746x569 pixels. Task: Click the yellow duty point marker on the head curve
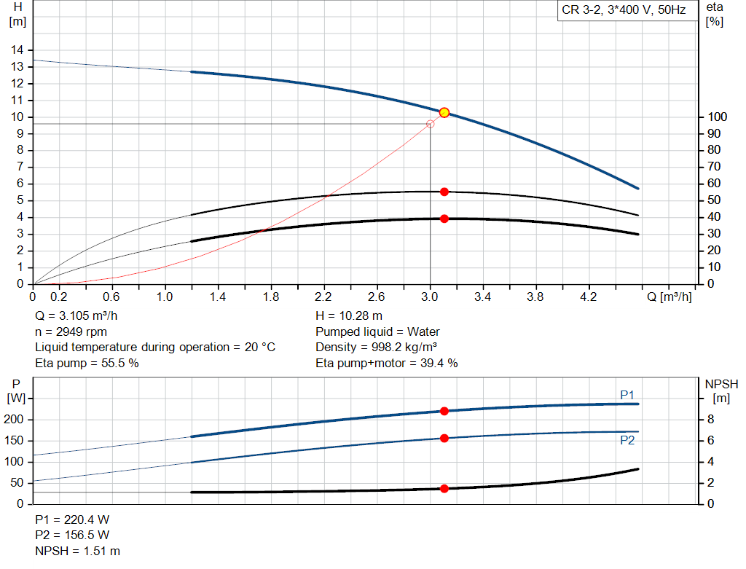coord(444,112)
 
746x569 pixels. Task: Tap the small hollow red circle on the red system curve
coord(430,124)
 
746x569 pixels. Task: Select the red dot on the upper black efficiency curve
coord(444,192)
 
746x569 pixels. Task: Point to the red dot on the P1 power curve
coord(444,411)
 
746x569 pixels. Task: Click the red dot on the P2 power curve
coord(444,438)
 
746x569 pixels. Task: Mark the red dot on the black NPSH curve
coord(444,488)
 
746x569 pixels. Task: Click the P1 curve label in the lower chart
coord(627,395)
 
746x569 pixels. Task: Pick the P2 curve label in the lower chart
coord(627,441)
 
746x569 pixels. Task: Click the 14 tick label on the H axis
coord(16,50)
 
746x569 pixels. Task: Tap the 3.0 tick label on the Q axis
coord(430,297)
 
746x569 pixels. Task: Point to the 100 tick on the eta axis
coord(717,117)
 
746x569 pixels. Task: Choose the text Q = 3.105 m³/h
coord(75,316)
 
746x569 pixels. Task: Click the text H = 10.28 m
coord(349,316)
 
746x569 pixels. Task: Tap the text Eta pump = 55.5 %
coord(87,363)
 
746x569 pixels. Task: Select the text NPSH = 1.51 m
coord(77,551)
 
